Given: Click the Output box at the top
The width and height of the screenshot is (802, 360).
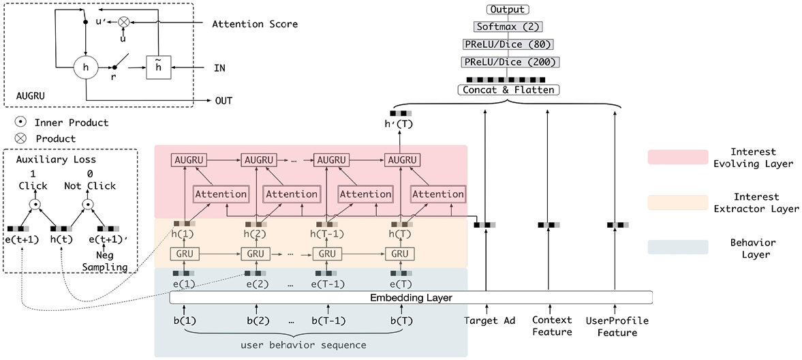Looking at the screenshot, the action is click(508, 10).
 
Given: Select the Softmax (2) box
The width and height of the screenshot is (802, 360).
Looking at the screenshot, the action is click(508, 26).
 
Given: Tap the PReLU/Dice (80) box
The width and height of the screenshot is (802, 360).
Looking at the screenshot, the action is click(508, 44).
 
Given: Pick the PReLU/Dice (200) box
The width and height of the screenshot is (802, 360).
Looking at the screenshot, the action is click(508, 61).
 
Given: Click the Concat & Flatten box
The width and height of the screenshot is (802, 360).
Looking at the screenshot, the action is click(508, 89).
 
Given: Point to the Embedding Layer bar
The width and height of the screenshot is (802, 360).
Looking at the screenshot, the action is click(412, 297).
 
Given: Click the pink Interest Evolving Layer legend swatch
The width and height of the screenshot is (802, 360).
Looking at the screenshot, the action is click(677, 157).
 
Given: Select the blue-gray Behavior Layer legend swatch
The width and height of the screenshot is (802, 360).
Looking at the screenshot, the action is click(677, 247).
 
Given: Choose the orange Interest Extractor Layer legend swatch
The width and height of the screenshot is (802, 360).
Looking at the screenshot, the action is click(677, 202).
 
